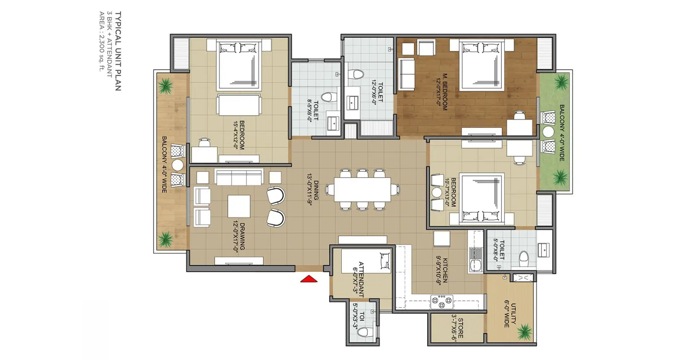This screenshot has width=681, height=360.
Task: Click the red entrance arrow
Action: tap(309, 279)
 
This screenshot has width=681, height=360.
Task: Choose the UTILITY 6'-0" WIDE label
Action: tap(510, 315)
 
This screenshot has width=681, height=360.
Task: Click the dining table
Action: tap(363, 190)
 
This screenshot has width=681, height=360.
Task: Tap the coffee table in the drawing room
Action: tap(239, 206)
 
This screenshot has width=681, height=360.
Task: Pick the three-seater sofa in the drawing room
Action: tap(239, 177)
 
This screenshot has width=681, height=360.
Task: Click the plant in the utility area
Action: tap(525, 331)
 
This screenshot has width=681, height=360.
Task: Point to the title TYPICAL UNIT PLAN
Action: tap(118, 51)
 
